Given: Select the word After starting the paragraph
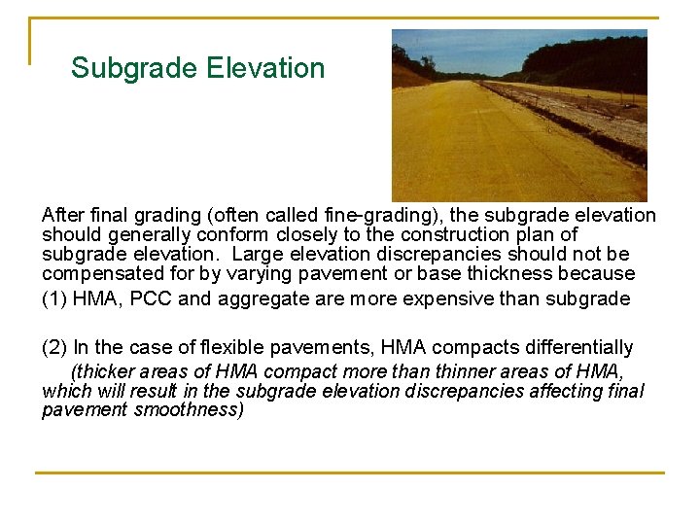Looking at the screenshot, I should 63,215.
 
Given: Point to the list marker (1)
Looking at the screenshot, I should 54,298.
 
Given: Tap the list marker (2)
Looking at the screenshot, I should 54,347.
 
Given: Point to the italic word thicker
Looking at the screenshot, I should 103,371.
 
